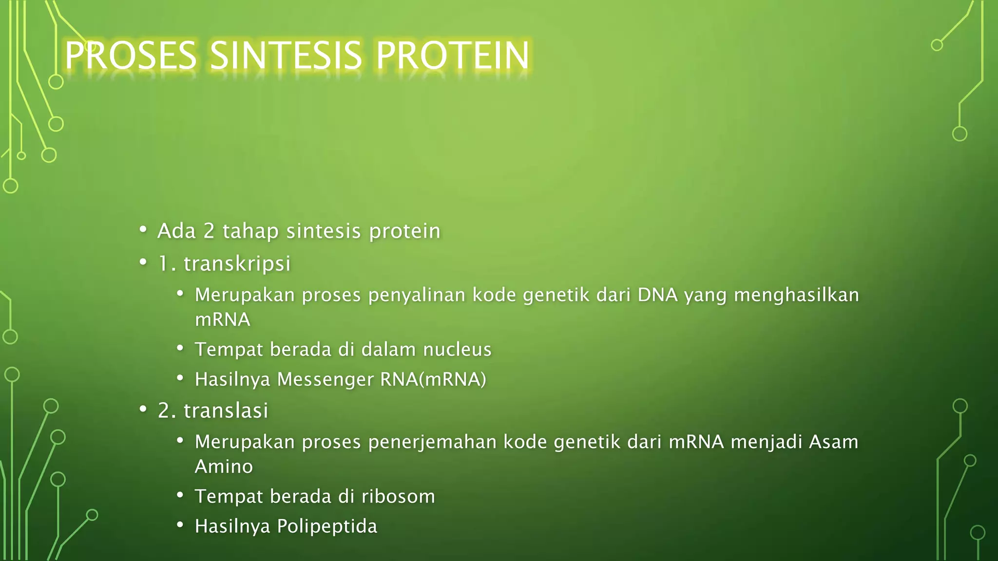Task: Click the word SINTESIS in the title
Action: (286, 56)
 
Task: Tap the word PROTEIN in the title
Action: (453, 56)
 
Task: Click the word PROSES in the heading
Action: (131, 56)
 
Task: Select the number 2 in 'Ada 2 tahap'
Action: (209, 231)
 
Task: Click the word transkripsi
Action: (237, 263)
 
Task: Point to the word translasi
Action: (226, 411)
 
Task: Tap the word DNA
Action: (657, 295)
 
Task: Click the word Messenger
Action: (325, 379)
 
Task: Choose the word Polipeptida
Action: (327, 526)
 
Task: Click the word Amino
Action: (224, 467)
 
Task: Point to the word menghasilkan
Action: (796, 295)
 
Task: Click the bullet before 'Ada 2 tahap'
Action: (143, 229)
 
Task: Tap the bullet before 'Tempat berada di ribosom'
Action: (180, 495)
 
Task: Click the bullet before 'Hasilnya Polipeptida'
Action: (180, 525)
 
